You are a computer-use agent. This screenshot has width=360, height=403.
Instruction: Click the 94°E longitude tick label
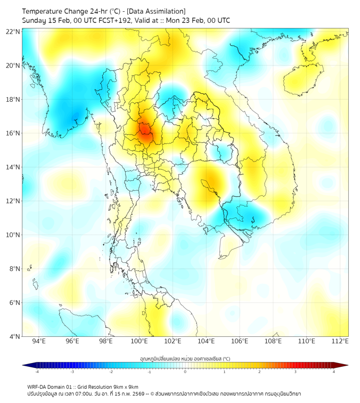click(39, 341)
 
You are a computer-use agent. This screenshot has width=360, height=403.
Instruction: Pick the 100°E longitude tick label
click(139, 341)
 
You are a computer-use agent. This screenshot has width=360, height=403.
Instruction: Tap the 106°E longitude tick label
click(240, 341)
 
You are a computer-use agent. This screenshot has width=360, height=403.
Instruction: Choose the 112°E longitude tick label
click(340, 341)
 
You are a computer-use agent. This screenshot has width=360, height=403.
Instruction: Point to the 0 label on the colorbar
click(185, 372)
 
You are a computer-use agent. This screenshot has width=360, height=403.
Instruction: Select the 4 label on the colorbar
click(333, 372)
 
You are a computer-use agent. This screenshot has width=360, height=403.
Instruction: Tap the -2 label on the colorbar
click(111, 372)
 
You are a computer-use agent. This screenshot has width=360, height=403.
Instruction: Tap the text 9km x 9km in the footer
click(124, 386)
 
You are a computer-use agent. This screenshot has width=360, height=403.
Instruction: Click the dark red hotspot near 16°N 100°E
click(144, 131)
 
